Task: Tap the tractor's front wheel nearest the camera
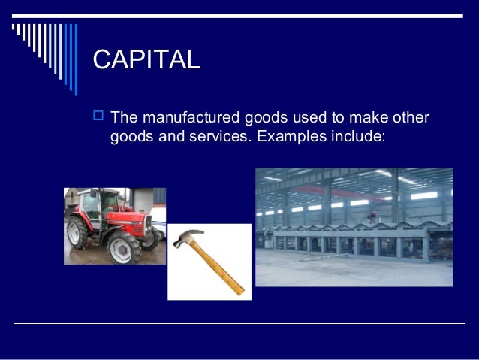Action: pos(122,248)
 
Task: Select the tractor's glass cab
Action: pos(98,203)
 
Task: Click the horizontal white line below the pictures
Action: pos(239,323)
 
